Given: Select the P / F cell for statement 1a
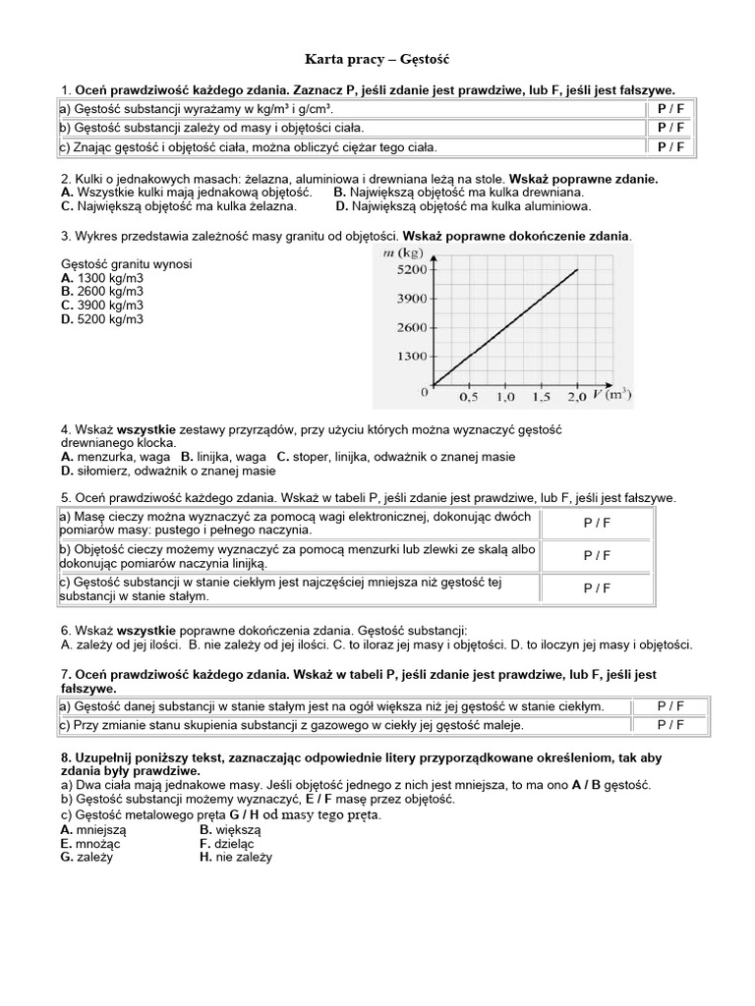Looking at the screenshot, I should click(x=671, y=109).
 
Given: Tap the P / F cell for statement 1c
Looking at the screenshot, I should click(x=671, y=146).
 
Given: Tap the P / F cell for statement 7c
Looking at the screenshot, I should click(x=671, y=725).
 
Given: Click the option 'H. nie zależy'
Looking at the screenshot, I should click(x=235, y=857).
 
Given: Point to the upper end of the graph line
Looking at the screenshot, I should click(x=577, y=269).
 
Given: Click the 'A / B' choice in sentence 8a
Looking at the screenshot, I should click(x=591, y=786).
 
